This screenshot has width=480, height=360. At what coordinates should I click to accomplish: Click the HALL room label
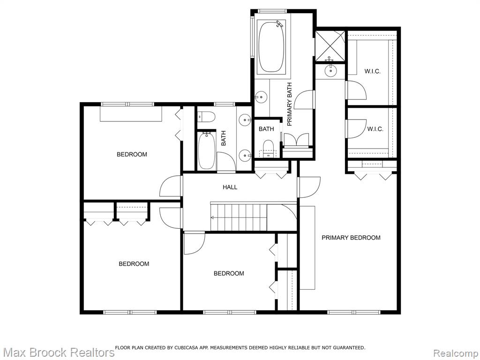pyautogui.click(x=230, y=187)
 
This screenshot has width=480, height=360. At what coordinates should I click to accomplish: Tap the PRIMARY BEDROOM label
pyautogui.click(x=351, y=238)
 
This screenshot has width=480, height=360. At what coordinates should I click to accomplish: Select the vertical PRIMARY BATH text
pyautogui.click(x=290, y=105)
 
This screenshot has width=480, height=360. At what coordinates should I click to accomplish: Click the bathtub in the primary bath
pyautogui.click(x=271, y=47)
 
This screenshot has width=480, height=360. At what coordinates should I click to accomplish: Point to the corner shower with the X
pyautogui.click(x=330, y=45)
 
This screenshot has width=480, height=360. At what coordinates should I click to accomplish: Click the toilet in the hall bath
pyautogui.click(x=206, y=117)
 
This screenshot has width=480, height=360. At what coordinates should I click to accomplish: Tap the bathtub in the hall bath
pyautogui.click(x=207, y=150)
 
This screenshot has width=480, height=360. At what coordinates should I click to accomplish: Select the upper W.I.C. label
pyautogui.click(x=372, y=71)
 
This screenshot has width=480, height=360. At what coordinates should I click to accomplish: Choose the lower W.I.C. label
pyautogui.click(x=375, y=129)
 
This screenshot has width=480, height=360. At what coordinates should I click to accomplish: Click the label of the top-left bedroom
pyautogui.click(x=132, y=154)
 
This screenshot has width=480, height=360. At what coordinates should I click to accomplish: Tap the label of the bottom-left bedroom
pyautogui.click(x=134, y=264)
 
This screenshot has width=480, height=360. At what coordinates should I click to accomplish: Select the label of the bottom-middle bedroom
pyautogui.click(x=229, y=273)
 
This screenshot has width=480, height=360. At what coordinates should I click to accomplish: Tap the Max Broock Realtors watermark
pyautogui.click(x=58, y=352)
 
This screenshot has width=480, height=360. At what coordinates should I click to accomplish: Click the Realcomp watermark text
pyautogui.click(x=456, y=352)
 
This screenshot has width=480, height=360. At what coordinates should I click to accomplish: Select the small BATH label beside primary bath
pyautogui.click(x=266, y=129)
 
